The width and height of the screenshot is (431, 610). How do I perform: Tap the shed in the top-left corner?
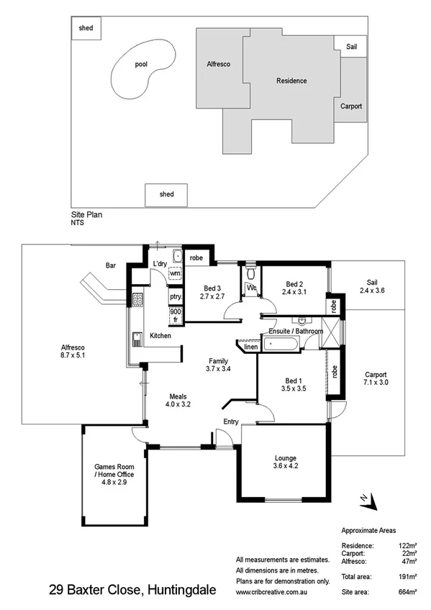(86, 28)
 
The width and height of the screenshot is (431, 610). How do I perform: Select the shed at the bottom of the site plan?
(166, 194)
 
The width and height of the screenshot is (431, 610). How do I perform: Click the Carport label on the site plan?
(350, 106)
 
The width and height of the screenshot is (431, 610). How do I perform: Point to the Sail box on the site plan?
(351, 47)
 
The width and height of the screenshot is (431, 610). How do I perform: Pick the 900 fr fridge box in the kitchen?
(176, 316)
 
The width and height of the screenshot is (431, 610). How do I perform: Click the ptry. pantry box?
(176, 296)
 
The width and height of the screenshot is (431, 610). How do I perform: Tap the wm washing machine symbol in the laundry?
(175, 273)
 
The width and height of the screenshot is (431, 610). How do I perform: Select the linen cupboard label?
(250, 347)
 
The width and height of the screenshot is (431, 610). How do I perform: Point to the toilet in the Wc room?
(250, 273)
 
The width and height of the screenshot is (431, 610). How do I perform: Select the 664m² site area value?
(407, 592)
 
